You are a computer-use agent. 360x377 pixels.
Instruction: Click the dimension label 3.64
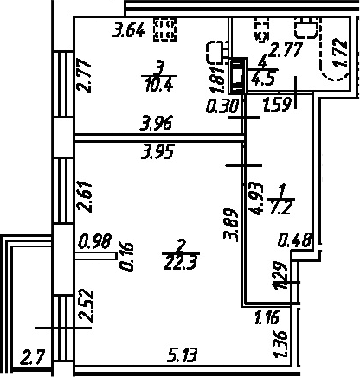coord(128,29)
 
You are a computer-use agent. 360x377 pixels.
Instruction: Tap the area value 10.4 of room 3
coord(159,85)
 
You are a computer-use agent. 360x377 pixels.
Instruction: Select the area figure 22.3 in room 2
coord(181,263)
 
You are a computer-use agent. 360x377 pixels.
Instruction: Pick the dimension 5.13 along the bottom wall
coord(183,355)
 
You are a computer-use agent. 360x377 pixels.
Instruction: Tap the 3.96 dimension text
coord(156,124)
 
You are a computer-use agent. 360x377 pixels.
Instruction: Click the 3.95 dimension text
coord(157,151)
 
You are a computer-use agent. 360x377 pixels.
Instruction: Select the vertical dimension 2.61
coord(85,196)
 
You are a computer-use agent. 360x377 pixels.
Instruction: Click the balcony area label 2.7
coord(33,358)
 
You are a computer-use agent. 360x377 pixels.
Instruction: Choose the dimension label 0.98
coord(95,241)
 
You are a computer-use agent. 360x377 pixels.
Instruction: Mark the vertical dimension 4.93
coord(257,199)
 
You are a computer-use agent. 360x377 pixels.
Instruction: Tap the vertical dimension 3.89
coord(231,225)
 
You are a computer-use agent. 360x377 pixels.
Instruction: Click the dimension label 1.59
coord(276,105)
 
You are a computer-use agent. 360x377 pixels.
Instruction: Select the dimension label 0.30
coord(222,105)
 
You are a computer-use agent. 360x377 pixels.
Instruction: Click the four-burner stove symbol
coord(165,29)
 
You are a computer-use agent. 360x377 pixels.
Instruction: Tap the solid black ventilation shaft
coord(238,75)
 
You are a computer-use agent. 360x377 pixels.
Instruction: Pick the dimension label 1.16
coord(267,316)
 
